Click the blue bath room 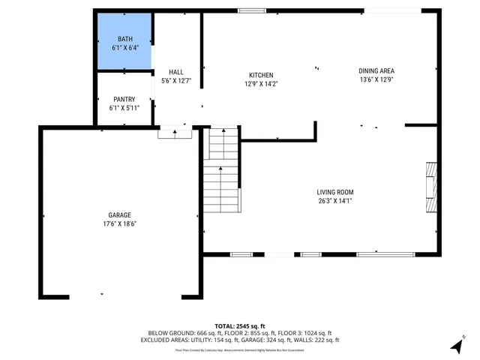(124, 43)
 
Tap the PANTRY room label (124, 99)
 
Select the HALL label (176, 72)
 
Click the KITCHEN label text (261, 75)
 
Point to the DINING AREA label (376, 70)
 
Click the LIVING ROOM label (334, 192)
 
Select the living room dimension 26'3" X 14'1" (334, 201)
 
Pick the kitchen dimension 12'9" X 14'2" (261, 84)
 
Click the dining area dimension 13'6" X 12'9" (376, 79)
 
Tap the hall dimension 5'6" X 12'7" (176, 81)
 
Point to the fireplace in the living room (430, 187)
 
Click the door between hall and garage (175, 133)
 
